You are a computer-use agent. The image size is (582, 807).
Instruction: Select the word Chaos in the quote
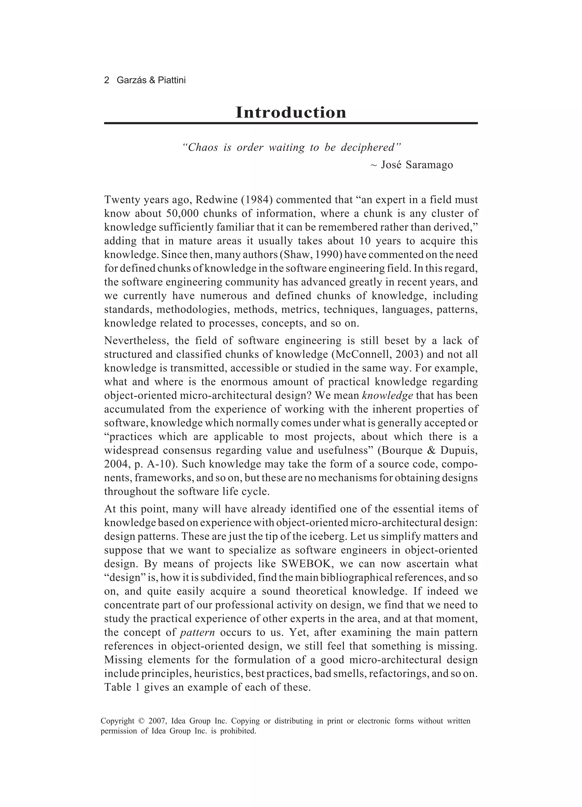[x=203, y=147]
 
